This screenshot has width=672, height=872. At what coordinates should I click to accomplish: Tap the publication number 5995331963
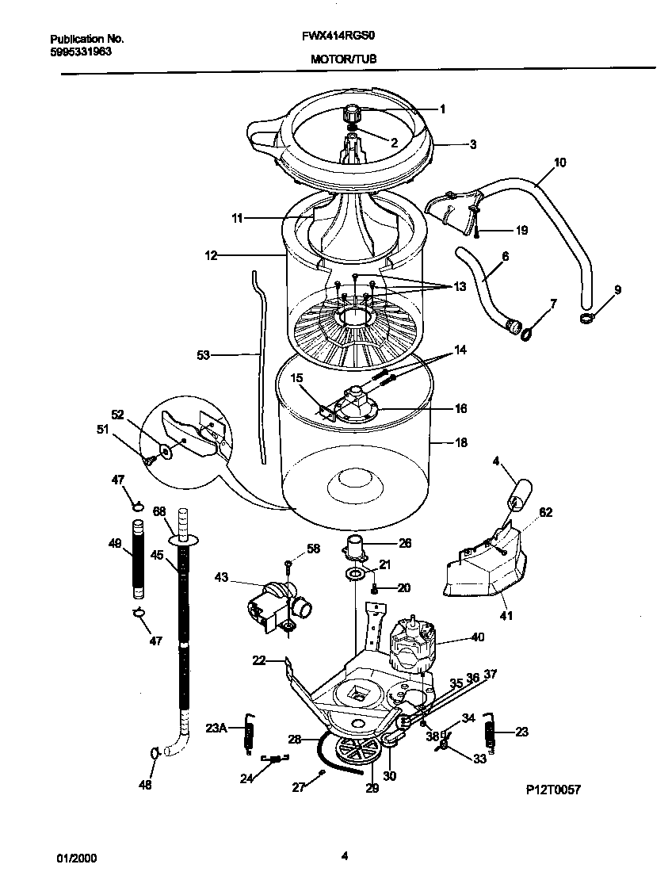click(x=80, y=51)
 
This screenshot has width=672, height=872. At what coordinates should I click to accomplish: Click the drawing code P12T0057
click(x=548, y=790)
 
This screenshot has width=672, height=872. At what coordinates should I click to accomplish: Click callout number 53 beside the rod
click(x=204, y=356)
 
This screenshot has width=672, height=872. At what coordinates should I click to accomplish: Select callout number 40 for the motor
click(x=477, y=637)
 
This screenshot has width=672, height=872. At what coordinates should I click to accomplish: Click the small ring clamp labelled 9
click(x=587, y=319)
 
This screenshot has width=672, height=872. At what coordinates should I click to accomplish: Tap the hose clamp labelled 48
click(x=155, y=752)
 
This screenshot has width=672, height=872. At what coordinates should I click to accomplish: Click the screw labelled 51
click(x=147, y=458)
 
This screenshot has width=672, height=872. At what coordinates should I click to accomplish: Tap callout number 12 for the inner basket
click(x=211, y=255)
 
